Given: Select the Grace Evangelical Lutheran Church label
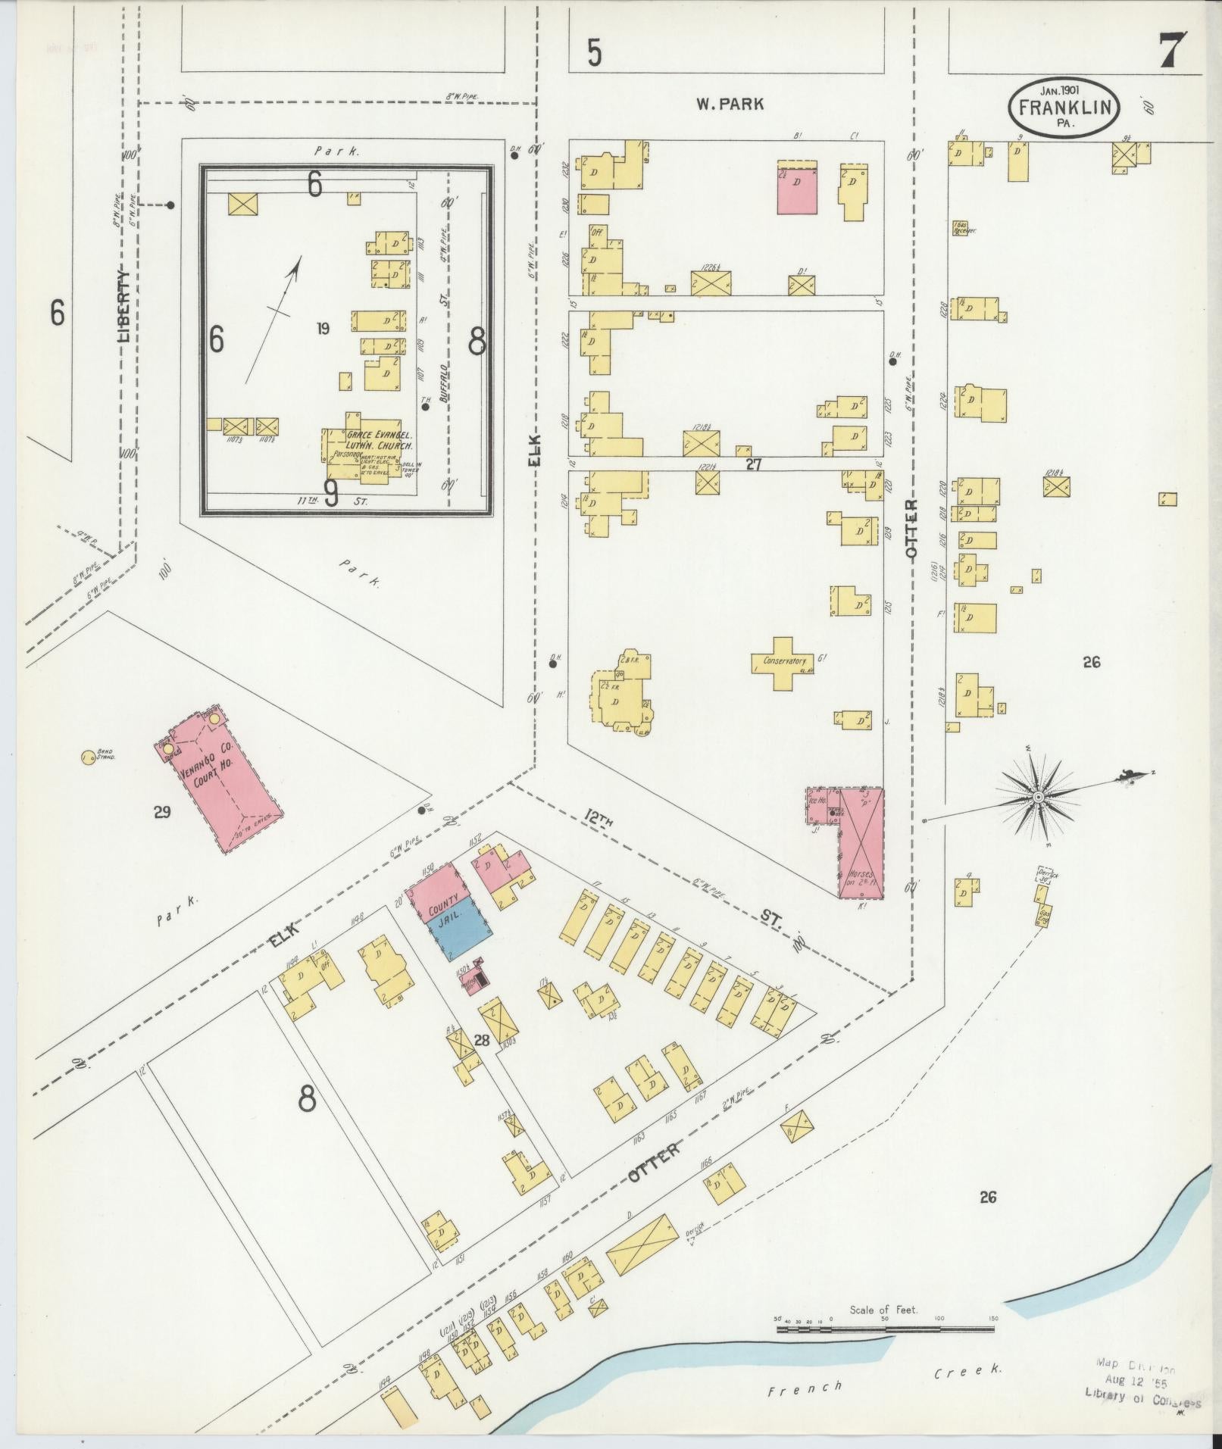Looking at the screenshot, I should (379, 441).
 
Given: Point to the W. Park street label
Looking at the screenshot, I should (730, 105).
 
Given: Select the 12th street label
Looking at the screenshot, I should (601, 819).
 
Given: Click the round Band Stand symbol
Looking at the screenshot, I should (88, 755).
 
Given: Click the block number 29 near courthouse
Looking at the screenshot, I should (161, 813).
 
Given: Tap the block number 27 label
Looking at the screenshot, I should (753, 464).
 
